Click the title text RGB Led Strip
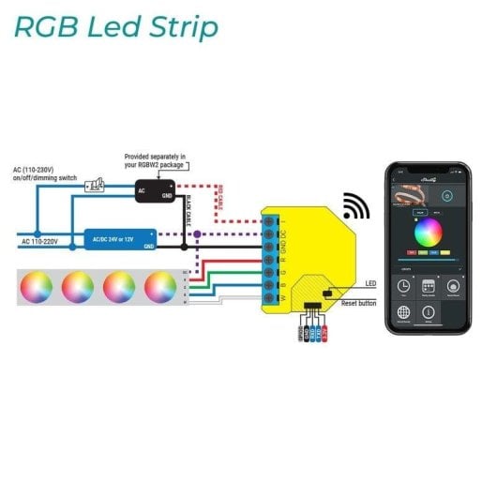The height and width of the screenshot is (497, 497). coord(115,27)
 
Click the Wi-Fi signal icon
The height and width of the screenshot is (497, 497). coord(354,206)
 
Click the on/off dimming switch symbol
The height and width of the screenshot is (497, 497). coord(94,186)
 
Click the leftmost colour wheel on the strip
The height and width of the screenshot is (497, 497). coord(36,285)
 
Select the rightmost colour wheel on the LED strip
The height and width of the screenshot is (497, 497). coord(160,285)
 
